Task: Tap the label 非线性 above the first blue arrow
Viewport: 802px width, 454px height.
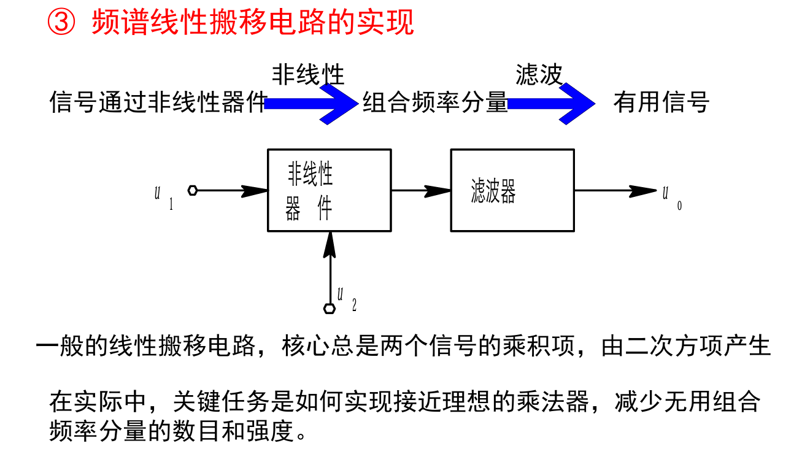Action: tap(308, 75)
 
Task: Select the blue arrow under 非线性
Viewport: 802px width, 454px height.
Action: tap(313, 104)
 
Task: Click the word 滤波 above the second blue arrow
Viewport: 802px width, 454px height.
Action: tap(539, 75)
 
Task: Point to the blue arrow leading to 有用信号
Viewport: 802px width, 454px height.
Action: tap(552, 104)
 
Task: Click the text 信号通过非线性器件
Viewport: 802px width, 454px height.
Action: tap(158, 102)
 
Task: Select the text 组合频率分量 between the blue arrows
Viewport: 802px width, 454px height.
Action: tap(435, 102)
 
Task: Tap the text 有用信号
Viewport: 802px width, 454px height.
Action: tap(661, 102)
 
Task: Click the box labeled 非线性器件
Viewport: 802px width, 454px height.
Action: tap(330, 190)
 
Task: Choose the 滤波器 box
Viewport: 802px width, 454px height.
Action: tap(512, 190)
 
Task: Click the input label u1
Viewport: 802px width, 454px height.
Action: tap(162, 196)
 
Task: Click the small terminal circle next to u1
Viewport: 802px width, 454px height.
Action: tap(193, 190)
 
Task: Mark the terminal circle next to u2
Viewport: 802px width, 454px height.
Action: tap(330, 309)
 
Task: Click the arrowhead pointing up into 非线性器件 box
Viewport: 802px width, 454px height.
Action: tap(330, 244)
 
